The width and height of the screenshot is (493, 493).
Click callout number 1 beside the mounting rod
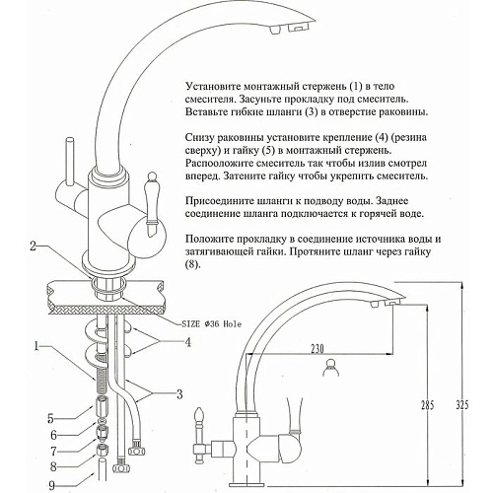pyautogui.click(x=36, y=346)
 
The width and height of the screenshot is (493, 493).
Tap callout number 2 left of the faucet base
pyautogui.click(x=34, y=246)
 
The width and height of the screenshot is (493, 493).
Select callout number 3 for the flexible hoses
pyautogui.click(x=179, y=394)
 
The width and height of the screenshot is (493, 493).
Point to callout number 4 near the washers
pyautogui.click(x=187, y=342)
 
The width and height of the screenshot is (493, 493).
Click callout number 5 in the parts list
pyautogui.click(x=50, y=419)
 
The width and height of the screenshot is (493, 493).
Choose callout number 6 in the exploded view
pyautogui.click(x=53, y=435)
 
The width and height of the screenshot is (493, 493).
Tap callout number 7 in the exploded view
pyautogui.click(x=53, y=452)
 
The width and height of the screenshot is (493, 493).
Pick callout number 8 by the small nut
pyautogui.click(x=53, y=466)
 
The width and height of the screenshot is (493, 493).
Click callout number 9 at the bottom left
pyautogui.click(x=51, y=485)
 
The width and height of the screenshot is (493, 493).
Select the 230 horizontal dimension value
pyautogui.click(x=317, y=348)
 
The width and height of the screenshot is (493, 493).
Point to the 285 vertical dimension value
pyautogui.click(x=428, y=405)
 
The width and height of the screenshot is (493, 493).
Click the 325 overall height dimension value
pyautogui.click(x=462, y=405)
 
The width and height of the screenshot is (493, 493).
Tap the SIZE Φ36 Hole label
pyautogui.click(x=212, y=324)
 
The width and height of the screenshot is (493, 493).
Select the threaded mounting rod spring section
pyautogui.click(x=103, y=379)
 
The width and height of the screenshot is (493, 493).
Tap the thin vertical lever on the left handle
pyautogui.click(x=70, y=162)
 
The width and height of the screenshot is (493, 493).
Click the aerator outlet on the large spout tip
pyautogui.click(x=301, y=28)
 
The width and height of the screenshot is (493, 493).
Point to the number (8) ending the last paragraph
pyautogui.click(x=192, y=265)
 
